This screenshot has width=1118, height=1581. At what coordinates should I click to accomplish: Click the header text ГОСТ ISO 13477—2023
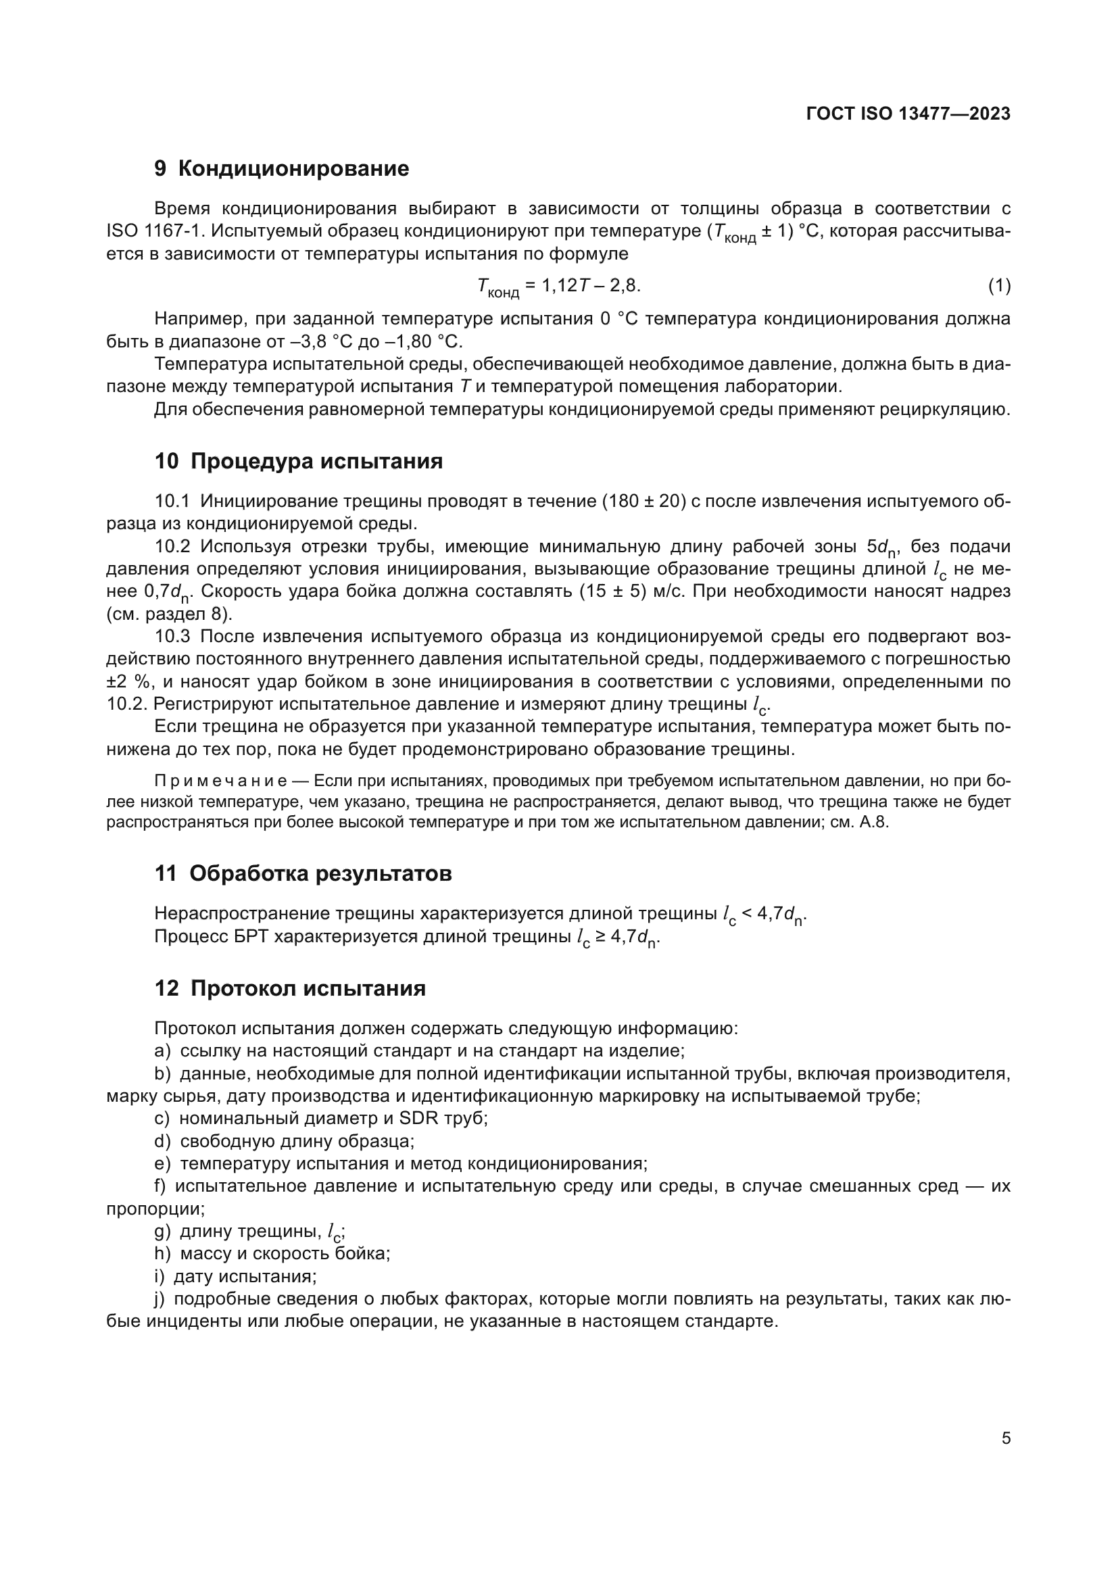[908, 114]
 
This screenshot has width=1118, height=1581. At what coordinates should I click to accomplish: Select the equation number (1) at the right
[999, 286]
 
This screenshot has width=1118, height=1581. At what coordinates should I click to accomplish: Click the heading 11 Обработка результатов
[303, 874]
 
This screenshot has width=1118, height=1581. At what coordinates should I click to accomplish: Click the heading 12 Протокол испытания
[290, 989]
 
